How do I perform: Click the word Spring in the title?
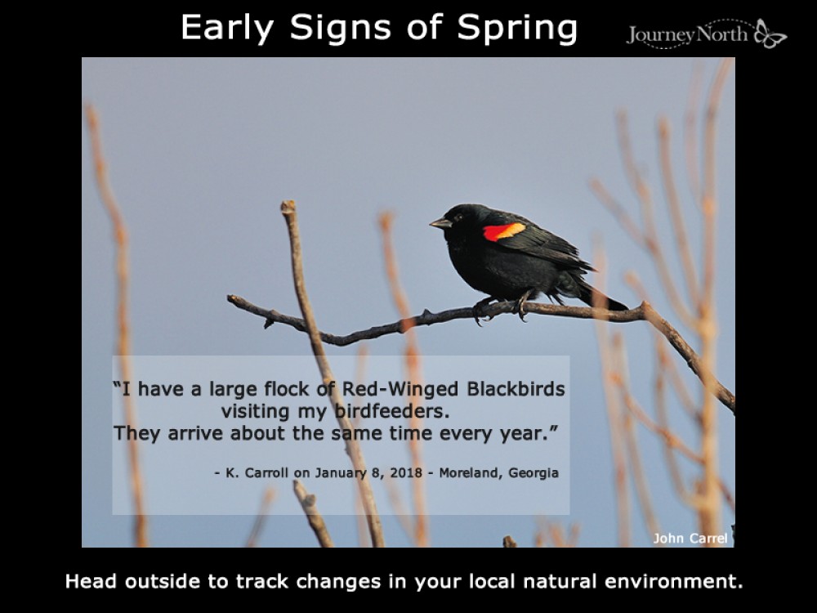tap(517, 28)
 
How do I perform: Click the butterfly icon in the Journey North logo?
tap(770, 34)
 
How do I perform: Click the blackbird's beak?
tap(439, 222)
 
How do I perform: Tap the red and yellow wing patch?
tap(503, 231)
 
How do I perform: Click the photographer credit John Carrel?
tap(690, 537)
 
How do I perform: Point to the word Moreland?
tap(469, 472)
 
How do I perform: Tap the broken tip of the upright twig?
tap(288, 207)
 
